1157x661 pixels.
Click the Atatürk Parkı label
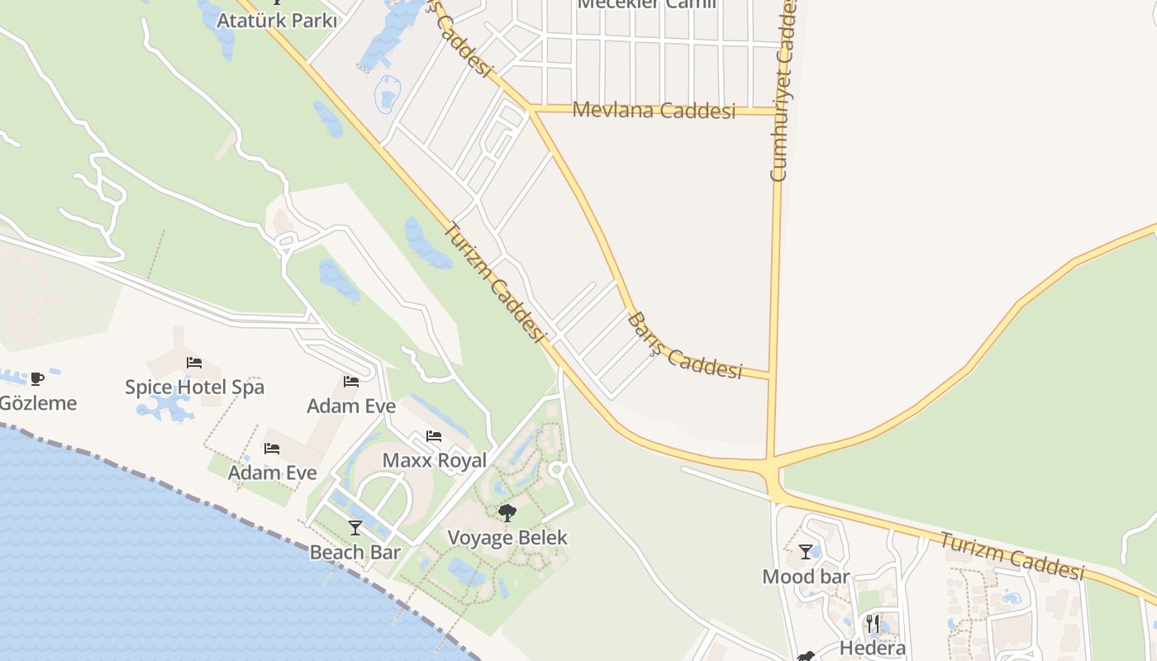(x=276, y=20)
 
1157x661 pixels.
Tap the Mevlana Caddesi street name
(x=653, y=110)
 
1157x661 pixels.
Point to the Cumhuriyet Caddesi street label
(x=782, y=91)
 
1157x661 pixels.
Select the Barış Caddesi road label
(x=684, y=347)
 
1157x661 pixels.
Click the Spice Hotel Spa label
(x=194, y=387)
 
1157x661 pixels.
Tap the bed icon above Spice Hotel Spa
(x=194, y=362)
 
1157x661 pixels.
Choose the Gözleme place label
(x=38, y=403)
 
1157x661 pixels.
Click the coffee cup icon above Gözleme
(x=37, y=378)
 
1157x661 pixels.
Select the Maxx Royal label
(x=434, y=460)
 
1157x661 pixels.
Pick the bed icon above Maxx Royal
(x=434, y=436)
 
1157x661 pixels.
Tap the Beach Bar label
(x=355, y=552)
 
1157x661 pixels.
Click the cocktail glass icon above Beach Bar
(x=355, y=527)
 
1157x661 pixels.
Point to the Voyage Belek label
(x=507, y=537)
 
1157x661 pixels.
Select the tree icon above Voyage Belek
(x=507, y=513)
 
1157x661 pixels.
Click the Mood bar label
(x=806, y=576)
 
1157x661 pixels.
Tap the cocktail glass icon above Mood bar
(x=806, y=551)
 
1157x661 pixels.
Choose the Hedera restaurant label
(x=873, y=648)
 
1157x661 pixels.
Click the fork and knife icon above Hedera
(x=873, y=623)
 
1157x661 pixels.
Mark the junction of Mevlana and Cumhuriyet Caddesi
(x=778, y=111)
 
